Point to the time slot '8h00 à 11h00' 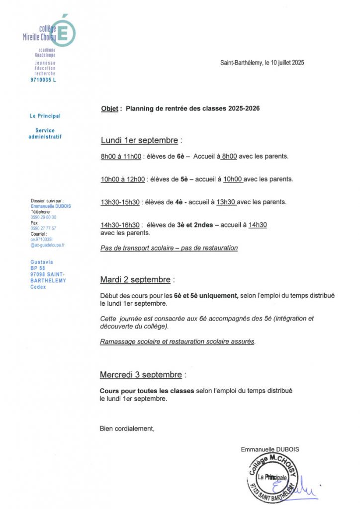pos(121,156)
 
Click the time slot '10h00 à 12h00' pos(122,179)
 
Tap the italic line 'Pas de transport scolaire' pos(169,248)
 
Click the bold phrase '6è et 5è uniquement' pos(206,296)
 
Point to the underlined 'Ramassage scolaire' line pos(178,341)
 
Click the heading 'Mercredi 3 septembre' pos(141,374)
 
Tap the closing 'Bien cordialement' pos(127,428)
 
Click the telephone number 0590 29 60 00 pos(43,217)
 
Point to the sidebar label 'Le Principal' pos(45,116)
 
